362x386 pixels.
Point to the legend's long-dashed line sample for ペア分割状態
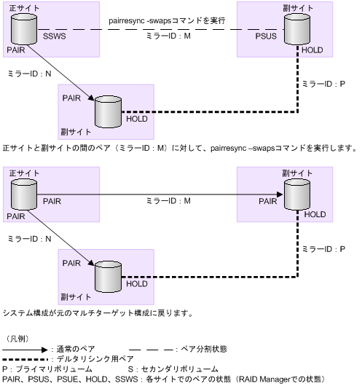click(151, 350)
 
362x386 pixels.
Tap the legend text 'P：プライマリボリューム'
click(47, 369)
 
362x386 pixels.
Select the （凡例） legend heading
click(17, 339)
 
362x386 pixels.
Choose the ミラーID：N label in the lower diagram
click(29, 238)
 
